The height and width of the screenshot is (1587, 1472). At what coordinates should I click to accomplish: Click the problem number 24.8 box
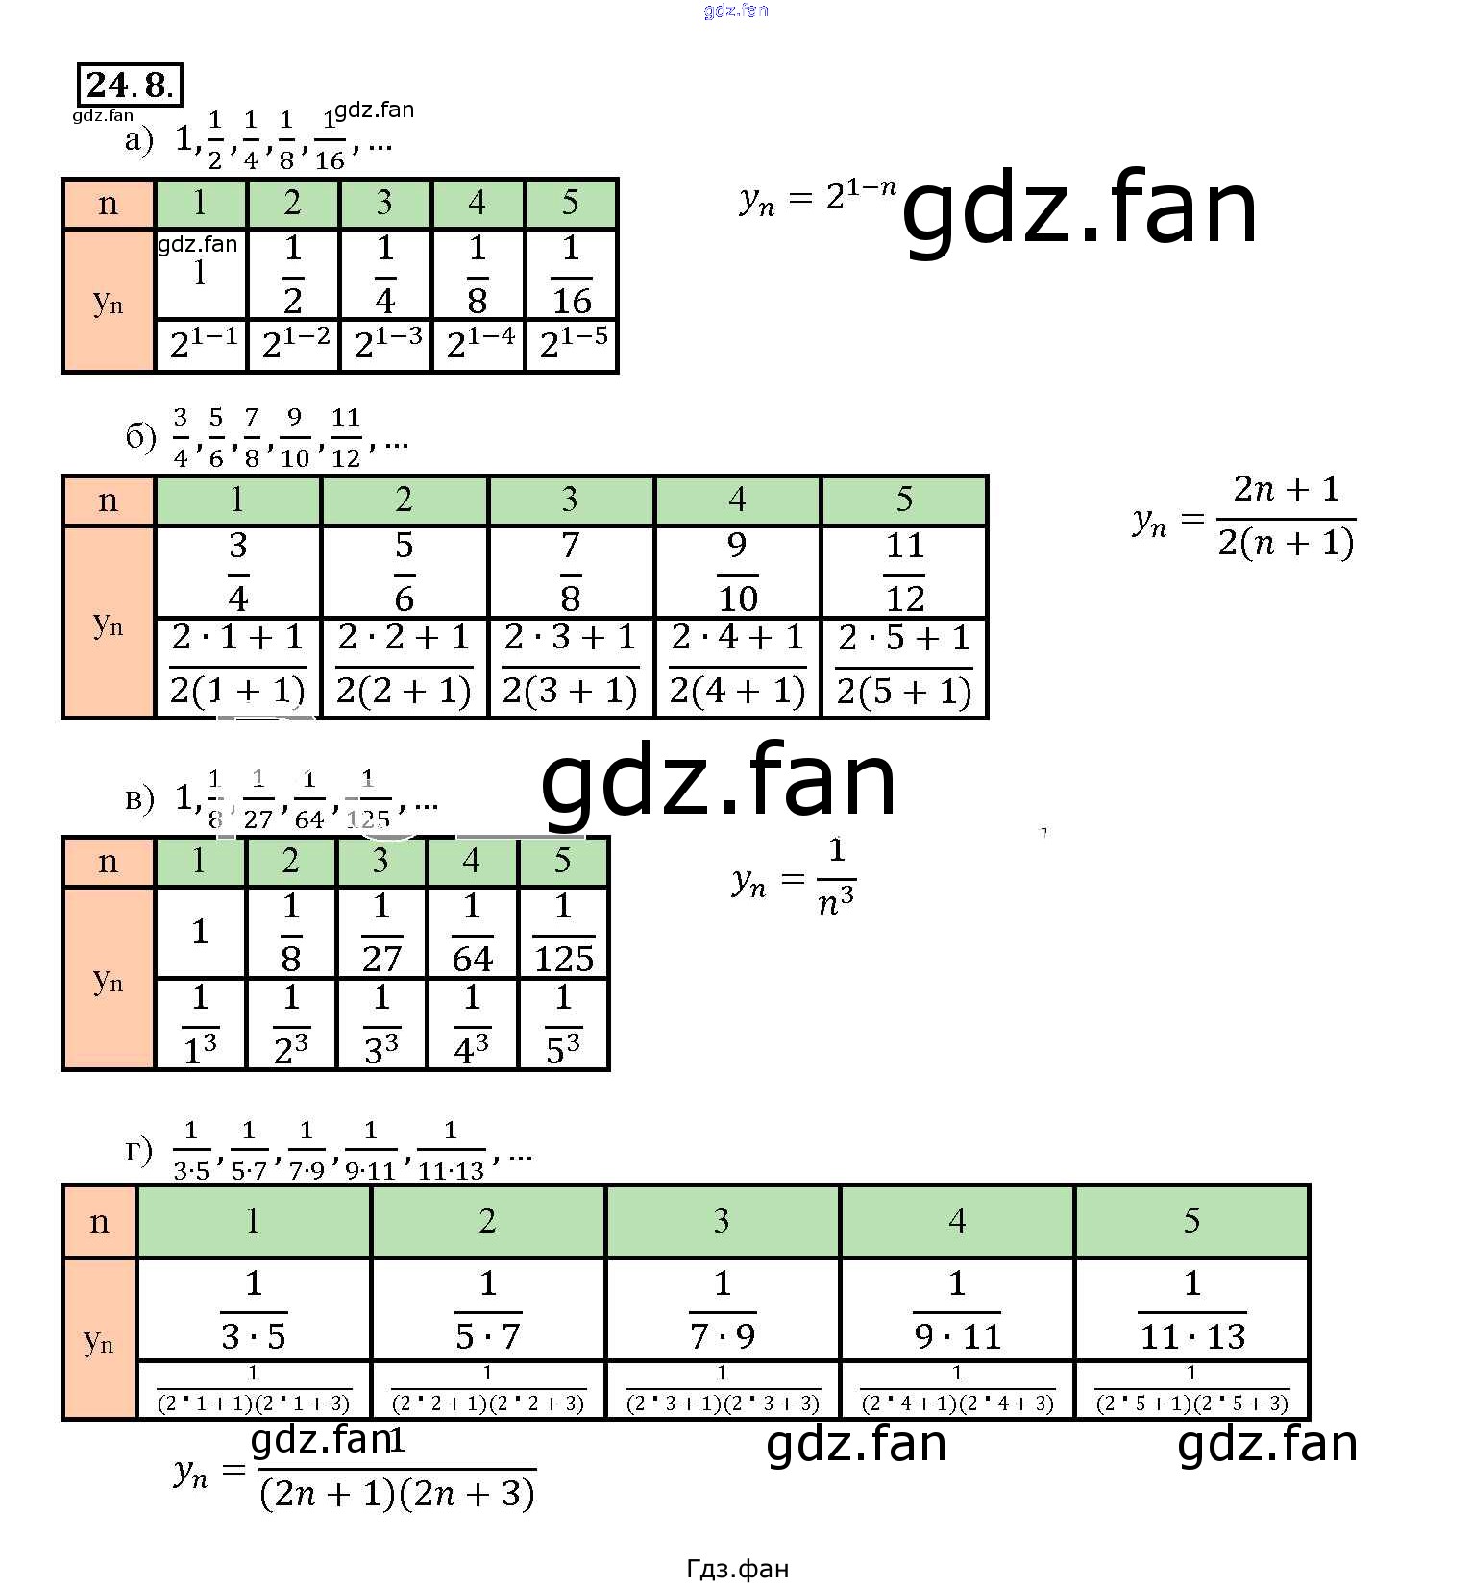(130, 85)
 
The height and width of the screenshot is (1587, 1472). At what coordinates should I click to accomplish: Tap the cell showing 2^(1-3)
(387, 344)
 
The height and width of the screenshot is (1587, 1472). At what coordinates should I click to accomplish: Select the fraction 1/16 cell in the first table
(572, 275)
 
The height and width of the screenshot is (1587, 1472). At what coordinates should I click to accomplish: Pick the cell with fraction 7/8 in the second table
(571, 572)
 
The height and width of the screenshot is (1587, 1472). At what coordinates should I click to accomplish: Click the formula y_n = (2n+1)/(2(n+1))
(1244, 517)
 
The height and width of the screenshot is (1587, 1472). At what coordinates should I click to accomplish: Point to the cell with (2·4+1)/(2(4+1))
(737, 666)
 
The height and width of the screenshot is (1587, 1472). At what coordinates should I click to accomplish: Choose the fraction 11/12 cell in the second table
(904, 572)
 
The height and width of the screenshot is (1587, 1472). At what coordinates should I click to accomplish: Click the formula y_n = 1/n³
(794, 877)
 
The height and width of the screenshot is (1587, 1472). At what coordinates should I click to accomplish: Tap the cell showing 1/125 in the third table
(563, 932)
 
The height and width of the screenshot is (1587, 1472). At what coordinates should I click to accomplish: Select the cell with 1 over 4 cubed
(472, 1024)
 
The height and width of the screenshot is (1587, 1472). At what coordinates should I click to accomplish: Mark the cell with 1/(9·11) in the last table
(957, 1309)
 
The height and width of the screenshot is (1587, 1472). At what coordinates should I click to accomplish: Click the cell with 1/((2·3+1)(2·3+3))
(723, 1390)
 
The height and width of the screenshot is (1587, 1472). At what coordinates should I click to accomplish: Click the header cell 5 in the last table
(1191, 1221)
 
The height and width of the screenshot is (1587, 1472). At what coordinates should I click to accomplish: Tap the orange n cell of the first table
(109, 204)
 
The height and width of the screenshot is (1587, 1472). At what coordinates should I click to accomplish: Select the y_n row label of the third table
(109, 978)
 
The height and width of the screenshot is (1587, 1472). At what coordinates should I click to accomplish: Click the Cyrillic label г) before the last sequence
(139, 1150)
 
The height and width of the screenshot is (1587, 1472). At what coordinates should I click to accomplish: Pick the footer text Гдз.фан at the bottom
(737, 1569)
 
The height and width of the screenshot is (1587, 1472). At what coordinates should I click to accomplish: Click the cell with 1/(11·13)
(1191, 1309)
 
